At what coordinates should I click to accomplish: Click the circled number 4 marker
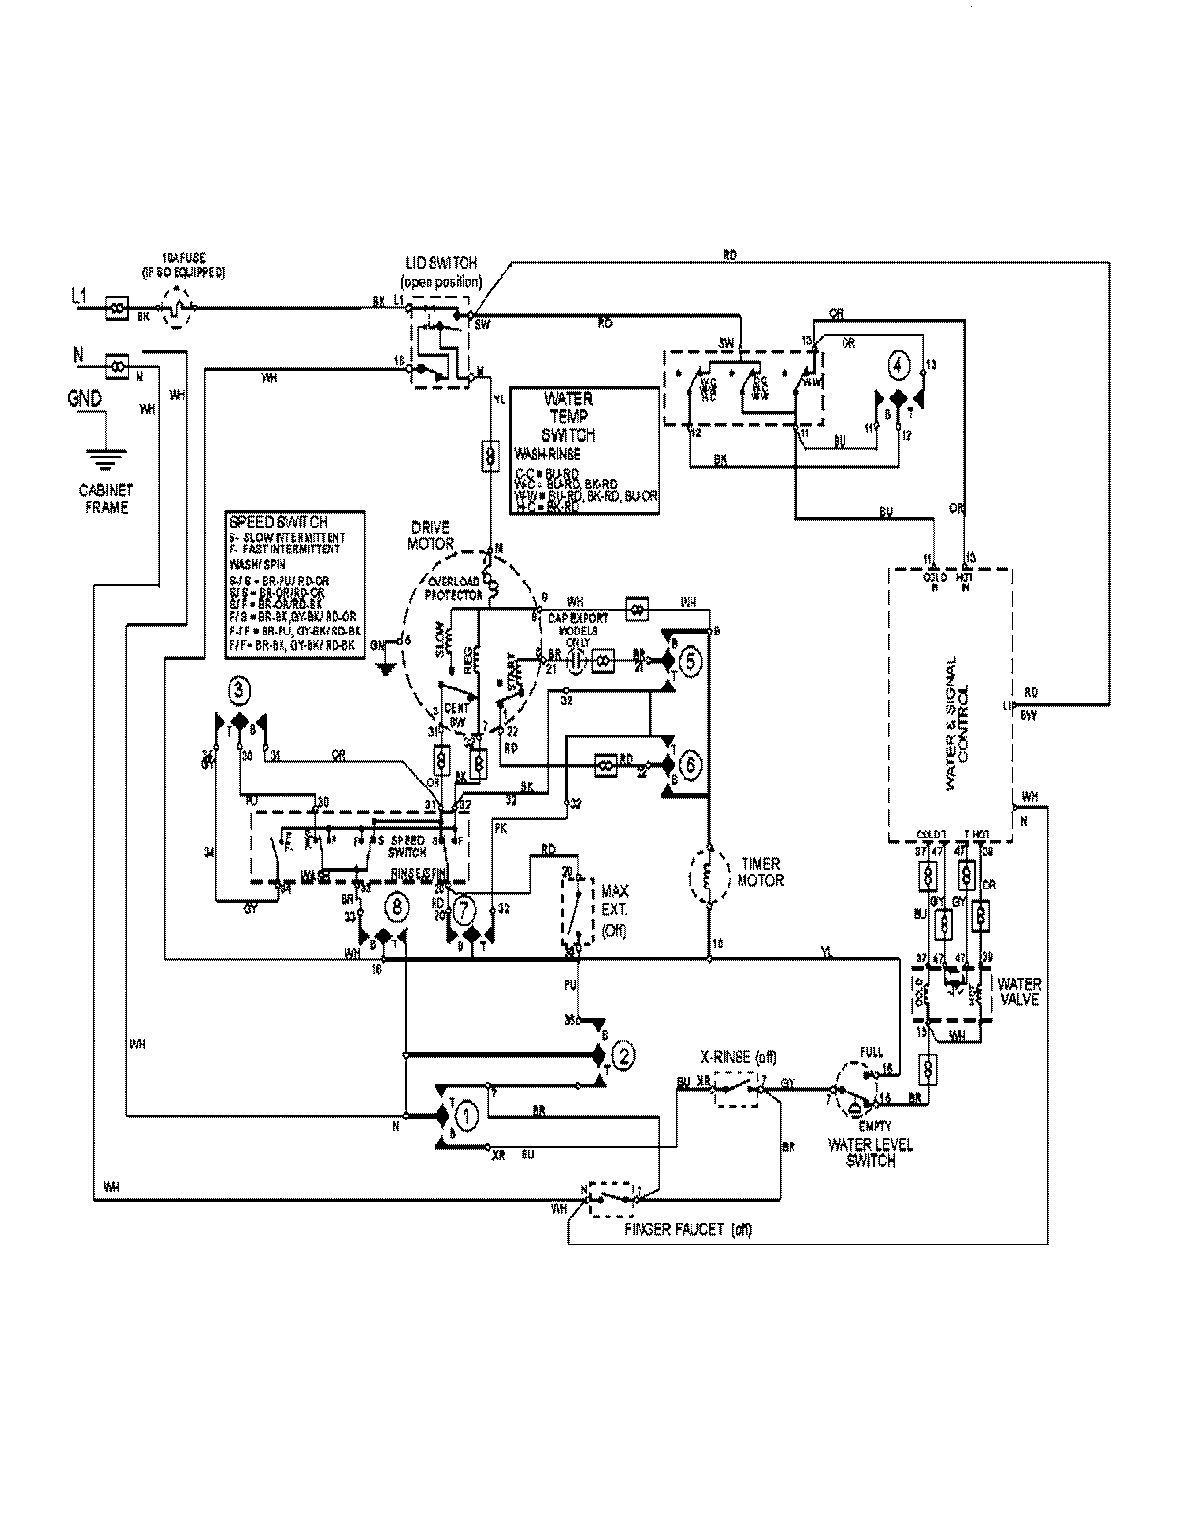[896, 365]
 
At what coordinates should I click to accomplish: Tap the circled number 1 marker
[468, 1115]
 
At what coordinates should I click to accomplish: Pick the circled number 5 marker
[691, 662]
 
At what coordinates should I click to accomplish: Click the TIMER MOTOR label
[760, 872]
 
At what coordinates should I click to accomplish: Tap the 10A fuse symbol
[176, 307]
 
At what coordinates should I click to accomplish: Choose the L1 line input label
[82, 293]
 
